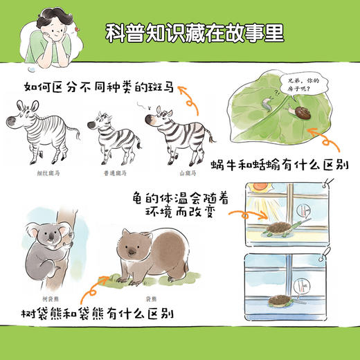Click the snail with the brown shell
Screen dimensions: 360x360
click(306, 112)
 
